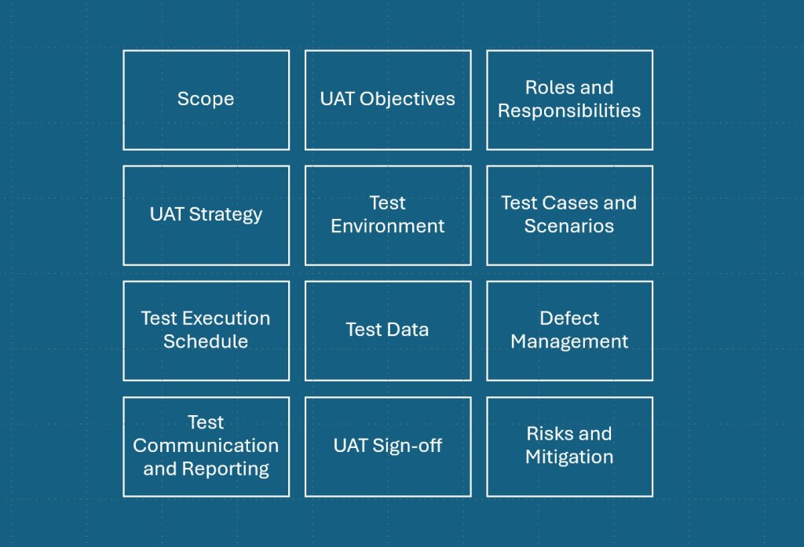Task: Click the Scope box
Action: point(206,100)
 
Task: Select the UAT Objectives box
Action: point(388,100)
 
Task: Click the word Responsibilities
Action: point(569,111)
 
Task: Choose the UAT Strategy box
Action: point(206,215)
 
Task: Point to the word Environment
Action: point(388,227)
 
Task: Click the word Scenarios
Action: point(569,227)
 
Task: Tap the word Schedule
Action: point(206,342)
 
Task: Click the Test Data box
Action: point(388,330)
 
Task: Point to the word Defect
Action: point(569,319)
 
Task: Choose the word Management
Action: point(569,342)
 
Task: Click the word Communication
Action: point(206,446)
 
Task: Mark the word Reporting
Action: point(226,469)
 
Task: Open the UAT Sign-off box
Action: point(388,446)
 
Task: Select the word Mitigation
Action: point(569,458)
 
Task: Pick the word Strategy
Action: point(226,215)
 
